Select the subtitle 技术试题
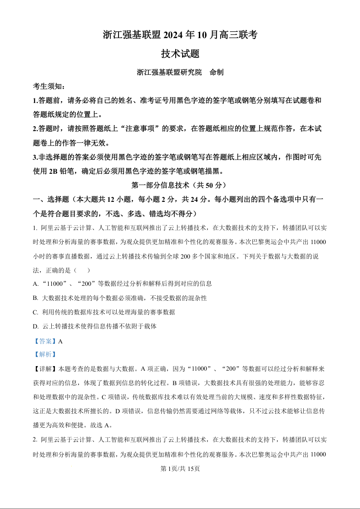coord(180,54)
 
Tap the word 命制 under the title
coord(217,73)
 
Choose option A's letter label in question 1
coord(35,284)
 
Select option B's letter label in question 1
coord(35,298)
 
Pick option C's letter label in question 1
coord(35,312)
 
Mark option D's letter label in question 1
coord(35,326)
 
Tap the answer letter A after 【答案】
coord(60,341)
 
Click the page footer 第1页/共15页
coord(180,469)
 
